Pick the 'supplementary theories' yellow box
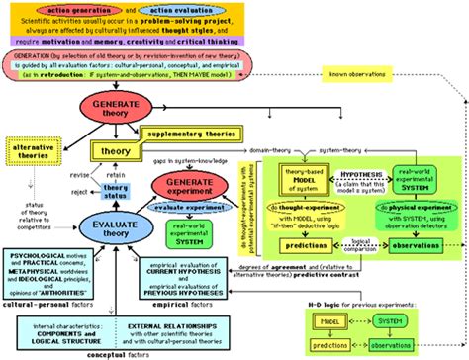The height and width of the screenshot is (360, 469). point(194,132)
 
